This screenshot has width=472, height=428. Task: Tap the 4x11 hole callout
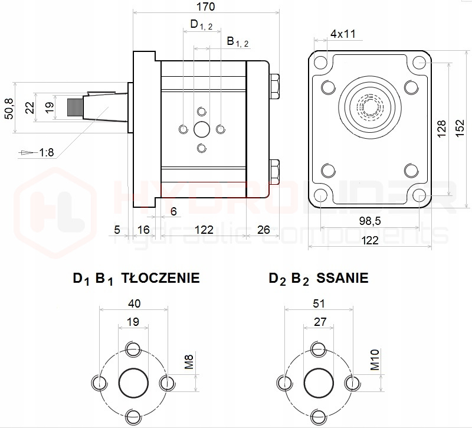pos(343,34)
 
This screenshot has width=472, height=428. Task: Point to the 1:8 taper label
pos(47,152)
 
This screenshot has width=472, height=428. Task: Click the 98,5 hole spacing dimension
pos(369,221)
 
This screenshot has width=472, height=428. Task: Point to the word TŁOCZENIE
pos(160,278)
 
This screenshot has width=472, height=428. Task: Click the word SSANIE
pos(342,278)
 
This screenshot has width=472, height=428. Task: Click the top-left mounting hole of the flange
pos(320,61)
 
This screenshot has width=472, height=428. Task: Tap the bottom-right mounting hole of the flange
pos(419,196)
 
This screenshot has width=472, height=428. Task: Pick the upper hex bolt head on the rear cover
pos(274,86)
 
